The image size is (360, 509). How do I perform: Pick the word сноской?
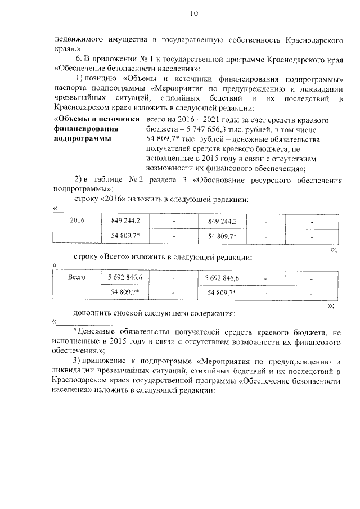pyautogui.click(x=139, y=313)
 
